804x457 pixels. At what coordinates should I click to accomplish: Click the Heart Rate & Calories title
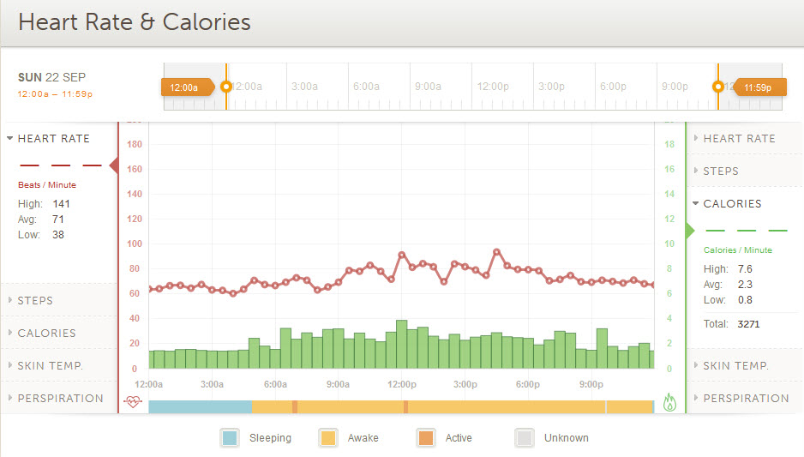point(135,22)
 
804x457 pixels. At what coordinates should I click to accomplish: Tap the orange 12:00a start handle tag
point(184,87)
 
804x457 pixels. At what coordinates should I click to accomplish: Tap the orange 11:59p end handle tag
point(757,87)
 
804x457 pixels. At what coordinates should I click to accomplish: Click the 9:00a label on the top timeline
point(428,87)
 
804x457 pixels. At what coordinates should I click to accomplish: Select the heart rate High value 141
point(61,204)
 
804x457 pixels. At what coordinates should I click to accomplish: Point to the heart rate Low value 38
point(57,235)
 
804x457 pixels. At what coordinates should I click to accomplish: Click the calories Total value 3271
point(748,324)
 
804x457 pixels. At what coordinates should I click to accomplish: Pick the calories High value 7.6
point(745,269)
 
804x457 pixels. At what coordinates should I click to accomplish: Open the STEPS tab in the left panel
point(35,301)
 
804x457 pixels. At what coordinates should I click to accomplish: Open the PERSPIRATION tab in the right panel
point(746,399)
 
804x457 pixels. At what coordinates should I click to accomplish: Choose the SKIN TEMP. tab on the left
point(50,366)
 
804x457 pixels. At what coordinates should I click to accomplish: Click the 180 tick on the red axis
point(133,145)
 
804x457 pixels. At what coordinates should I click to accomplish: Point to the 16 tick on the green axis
point(669,170)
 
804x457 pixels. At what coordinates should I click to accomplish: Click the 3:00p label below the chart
point(465,384)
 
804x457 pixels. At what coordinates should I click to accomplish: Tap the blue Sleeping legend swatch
point(230,437)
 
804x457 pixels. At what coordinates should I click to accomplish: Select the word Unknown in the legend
point(566,438)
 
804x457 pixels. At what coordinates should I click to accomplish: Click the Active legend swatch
point(425,437)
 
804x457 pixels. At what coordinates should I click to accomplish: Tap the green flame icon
point(669,402)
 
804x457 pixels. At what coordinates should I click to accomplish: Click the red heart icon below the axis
point(133,401)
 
